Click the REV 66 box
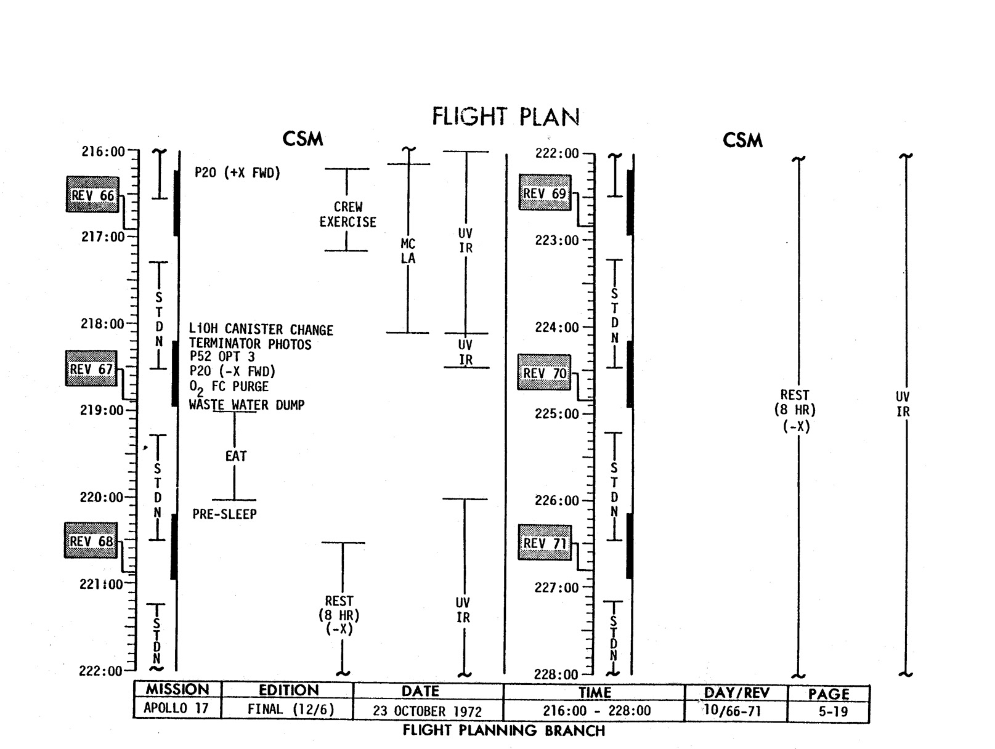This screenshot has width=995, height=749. pyautogui.click(x=92, y=195)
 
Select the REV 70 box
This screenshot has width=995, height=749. pyautogui.click(x=544, y=373)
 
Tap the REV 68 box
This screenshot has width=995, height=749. pyautogui.click(x=91, y=541)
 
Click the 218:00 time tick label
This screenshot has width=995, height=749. pyautogui.click(x=102, y=324)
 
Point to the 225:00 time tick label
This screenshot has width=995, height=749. pyautogui.click(x=556, y=414)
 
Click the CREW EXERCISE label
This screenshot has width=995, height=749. pyautogui.click(x=347, y=214)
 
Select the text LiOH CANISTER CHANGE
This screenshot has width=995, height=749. pyautogui.click(x=261, y=330)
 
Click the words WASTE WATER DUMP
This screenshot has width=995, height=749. pyautogui.click(x=246, y=405)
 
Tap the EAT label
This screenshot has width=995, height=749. pyautogui.click(x=235, y=456)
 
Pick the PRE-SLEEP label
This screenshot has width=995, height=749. pyautogui.click(x=224, y=514)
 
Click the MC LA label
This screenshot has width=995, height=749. pyautogui.click(x=408, y=251)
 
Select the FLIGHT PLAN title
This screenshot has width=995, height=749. pyautogui.click(x=505, y=116)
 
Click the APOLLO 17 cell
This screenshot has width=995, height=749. pyautogui.click(x=176, y=708)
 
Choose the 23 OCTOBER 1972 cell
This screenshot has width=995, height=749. pyautogui.click(x=427, y=711)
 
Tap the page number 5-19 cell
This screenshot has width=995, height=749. pyautogui.click(x=829, y=711)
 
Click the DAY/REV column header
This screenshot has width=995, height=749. pyautogui.click(x=736, y=693)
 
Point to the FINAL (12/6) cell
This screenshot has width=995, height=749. pyautogui.click(x=291, y=710)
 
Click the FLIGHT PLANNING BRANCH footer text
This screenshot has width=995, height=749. pyautogui.click(x=503, y=731)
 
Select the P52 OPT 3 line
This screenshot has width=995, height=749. pyautogui.click(x=222, y=357)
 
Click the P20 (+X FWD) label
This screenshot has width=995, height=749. pyautogui.click(x=237, y=172)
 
